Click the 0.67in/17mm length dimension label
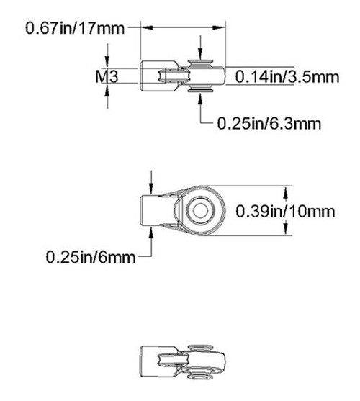click(75, 28)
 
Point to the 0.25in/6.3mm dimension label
click(269, 123)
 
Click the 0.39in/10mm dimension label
click(286, 211)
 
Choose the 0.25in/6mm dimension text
click(89, 256)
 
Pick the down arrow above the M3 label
click(107, 60)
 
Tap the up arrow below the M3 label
click(107, 91)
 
